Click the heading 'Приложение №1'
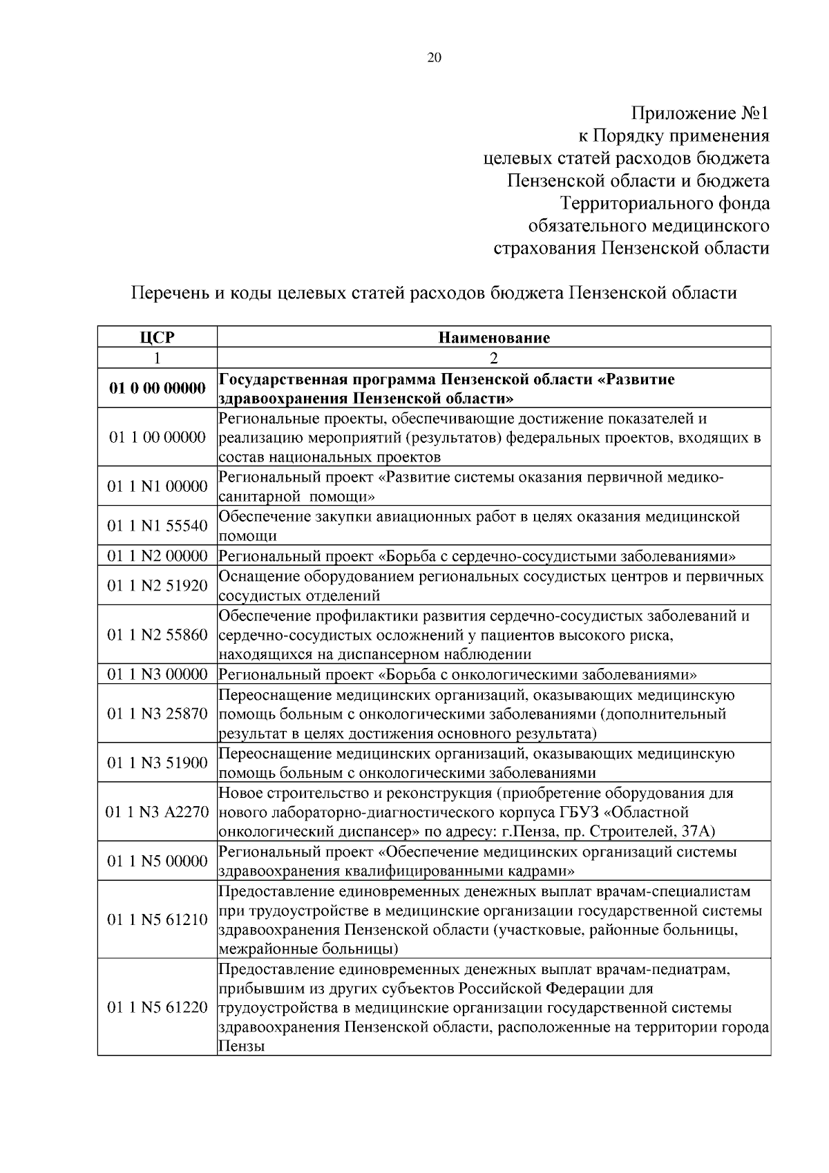tap(699, 113)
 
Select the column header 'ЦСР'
tap(157, 338)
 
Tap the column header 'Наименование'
tap(494, 338)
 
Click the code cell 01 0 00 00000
tap(157, 388)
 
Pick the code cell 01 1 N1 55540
tap(157, 526)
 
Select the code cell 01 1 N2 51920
tap(157, 585)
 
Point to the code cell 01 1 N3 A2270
tap(157, 812)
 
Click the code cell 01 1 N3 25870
tap(157, 713)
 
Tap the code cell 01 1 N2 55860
tap(157, 634)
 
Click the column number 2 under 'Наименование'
tap(494, 358)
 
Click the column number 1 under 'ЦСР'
tap(157, 358)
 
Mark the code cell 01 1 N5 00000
tap(157, 861)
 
